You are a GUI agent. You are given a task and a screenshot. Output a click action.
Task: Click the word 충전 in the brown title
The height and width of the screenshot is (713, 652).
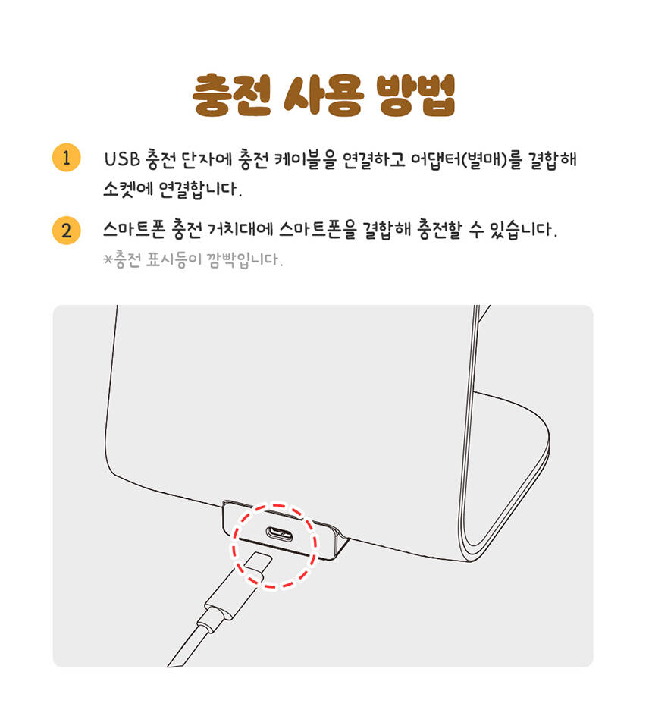click(231, 95)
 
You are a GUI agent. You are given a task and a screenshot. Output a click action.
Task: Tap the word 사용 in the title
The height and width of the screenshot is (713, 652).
click(324, 95)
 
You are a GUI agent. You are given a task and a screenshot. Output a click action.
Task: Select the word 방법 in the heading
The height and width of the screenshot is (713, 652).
click(416, 95)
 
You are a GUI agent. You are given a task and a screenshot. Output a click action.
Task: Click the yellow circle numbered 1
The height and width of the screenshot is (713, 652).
click(66, 158)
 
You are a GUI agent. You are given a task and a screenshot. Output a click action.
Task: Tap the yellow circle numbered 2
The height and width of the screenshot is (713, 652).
click(66, 231)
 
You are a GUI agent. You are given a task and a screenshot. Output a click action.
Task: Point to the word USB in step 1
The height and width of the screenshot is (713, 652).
click(122, 159)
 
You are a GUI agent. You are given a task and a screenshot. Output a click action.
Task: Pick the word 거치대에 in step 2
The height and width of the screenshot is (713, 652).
click(240, 229)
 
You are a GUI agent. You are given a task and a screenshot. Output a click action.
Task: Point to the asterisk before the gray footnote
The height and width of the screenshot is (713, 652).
click(108, 259)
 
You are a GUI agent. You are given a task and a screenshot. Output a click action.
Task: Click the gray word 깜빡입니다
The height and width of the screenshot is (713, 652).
click(243, 259)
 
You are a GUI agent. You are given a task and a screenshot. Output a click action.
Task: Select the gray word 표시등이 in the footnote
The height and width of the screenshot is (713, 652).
click(173, 259)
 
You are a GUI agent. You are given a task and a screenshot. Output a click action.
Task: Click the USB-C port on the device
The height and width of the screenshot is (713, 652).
click(279, 532)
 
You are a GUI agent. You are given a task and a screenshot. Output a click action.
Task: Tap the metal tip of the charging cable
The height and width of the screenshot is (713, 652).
click(258, 564)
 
